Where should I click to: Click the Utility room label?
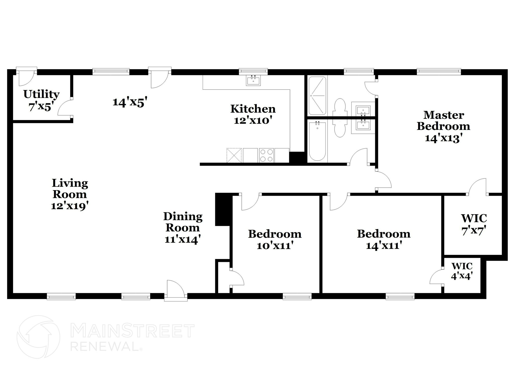[x=41, y=94]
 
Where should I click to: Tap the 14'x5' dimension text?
[x=130, y=102]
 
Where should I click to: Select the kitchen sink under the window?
[x=253, y=81]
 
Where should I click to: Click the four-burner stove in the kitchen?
[x=267, y=155]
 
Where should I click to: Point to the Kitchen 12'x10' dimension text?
[x=253, y=121]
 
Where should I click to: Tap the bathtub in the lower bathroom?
[x=317, y=141]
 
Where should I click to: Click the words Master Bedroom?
[x=443, y=120]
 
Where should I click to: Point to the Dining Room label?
[x=183, y=222]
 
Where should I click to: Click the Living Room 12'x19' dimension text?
[x=70, y=206]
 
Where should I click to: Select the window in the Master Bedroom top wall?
[x=439, y=72]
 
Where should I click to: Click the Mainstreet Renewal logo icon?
[x=38, y=337]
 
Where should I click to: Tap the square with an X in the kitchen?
[x=234, y=155]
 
